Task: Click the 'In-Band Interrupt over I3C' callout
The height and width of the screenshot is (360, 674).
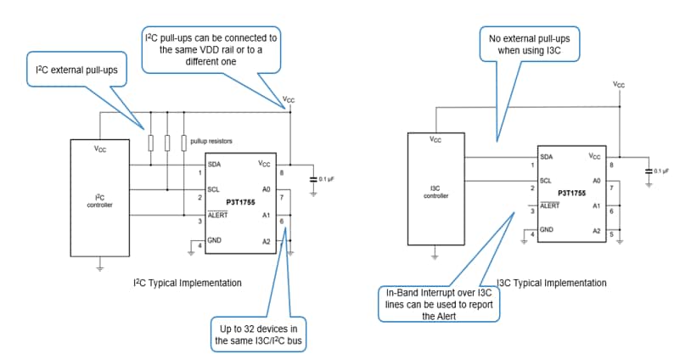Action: pyautogui.click(x=440, y=303)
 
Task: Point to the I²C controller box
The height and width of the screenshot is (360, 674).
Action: pyautogui.click(x=98, y=201)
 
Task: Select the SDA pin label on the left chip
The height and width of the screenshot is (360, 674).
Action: pyautogui.click(x=216, y=164)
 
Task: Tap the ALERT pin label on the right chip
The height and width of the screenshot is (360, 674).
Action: pyautogui.click(x=550, y=205)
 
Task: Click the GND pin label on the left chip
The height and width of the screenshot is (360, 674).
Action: pyautogui.click(x=216, y=240)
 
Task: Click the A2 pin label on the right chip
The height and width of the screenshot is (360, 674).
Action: pyautogui.click(x=597, y=230)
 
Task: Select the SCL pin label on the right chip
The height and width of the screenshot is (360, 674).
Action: pyautogui.click(x=546, y=180)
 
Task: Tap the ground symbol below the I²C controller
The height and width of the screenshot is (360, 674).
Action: pyautogui.click(x=99, y=267)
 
